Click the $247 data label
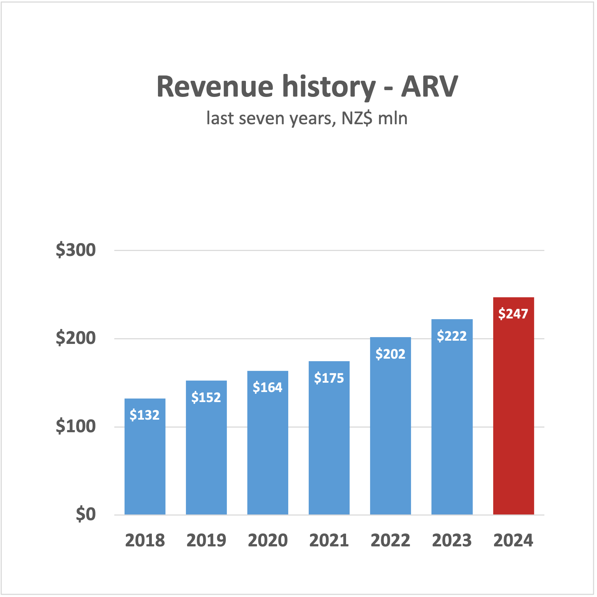[513, 314]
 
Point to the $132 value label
[144, 415]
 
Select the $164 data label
[267, 387]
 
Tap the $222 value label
[452, 336]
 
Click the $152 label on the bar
[206, 397]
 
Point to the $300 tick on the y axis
[76, 250]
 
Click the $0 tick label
[86, 514]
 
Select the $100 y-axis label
[76, 426]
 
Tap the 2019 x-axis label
[206, 540]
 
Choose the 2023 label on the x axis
[452, 540]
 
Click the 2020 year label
[267, 540]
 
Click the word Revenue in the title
[215, 87]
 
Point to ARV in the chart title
[429, 87]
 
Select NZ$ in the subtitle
[357, 118]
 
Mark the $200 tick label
[76, 338]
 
